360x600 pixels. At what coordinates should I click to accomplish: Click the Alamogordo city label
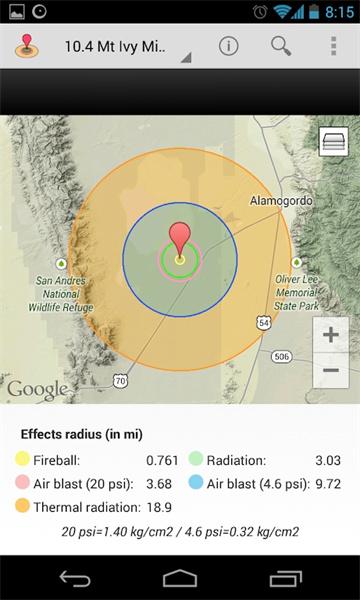coord(280,201)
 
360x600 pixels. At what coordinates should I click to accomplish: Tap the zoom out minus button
coord(331,370)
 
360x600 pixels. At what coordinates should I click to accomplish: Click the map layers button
coord(333,143)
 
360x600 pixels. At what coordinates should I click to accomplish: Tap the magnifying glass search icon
coord(281,46)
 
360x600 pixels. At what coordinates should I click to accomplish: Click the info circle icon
coord(229,46)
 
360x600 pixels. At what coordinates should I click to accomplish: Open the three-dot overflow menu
coord(334,46)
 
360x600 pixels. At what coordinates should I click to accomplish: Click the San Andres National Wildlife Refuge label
coord(59,294)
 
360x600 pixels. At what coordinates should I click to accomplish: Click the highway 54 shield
coord(262,323)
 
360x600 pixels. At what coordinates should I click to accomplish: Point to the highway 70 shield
coord(121,380)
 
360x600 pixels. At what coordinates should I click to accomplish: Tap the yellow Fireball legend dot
coord(22,461)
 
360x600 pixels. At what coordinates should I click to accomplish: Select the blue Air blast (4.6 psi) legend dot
coord(196,484)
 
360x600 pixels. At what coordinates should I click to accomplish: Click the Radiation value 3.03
coord(328,461)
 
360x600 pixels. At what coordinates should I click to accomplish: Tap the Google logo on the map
coord(37,390)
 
